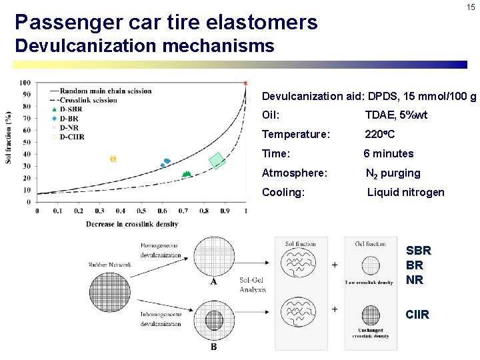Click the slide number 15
tap(471, 7)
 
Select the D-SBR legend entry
tap(71, 109)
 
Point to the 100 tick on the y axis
tap(25, 83)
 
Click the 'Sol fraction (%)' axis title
tap(9, 137)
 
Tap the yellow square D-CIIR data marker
tap(113, 159)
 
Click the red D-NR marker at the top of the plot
tap(245, 83)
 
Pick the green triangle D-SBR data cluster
tap(186, 174)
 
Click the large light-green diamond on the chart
tap(217, 161)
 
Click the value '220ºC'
tap(379, 134)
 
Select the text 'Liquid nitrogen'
tap(405, 192)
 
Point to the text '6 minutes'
tap(389, 153)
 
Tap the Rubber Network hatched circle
tap(110, 292)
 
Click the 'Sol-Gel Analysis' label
tap(253, 285)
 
